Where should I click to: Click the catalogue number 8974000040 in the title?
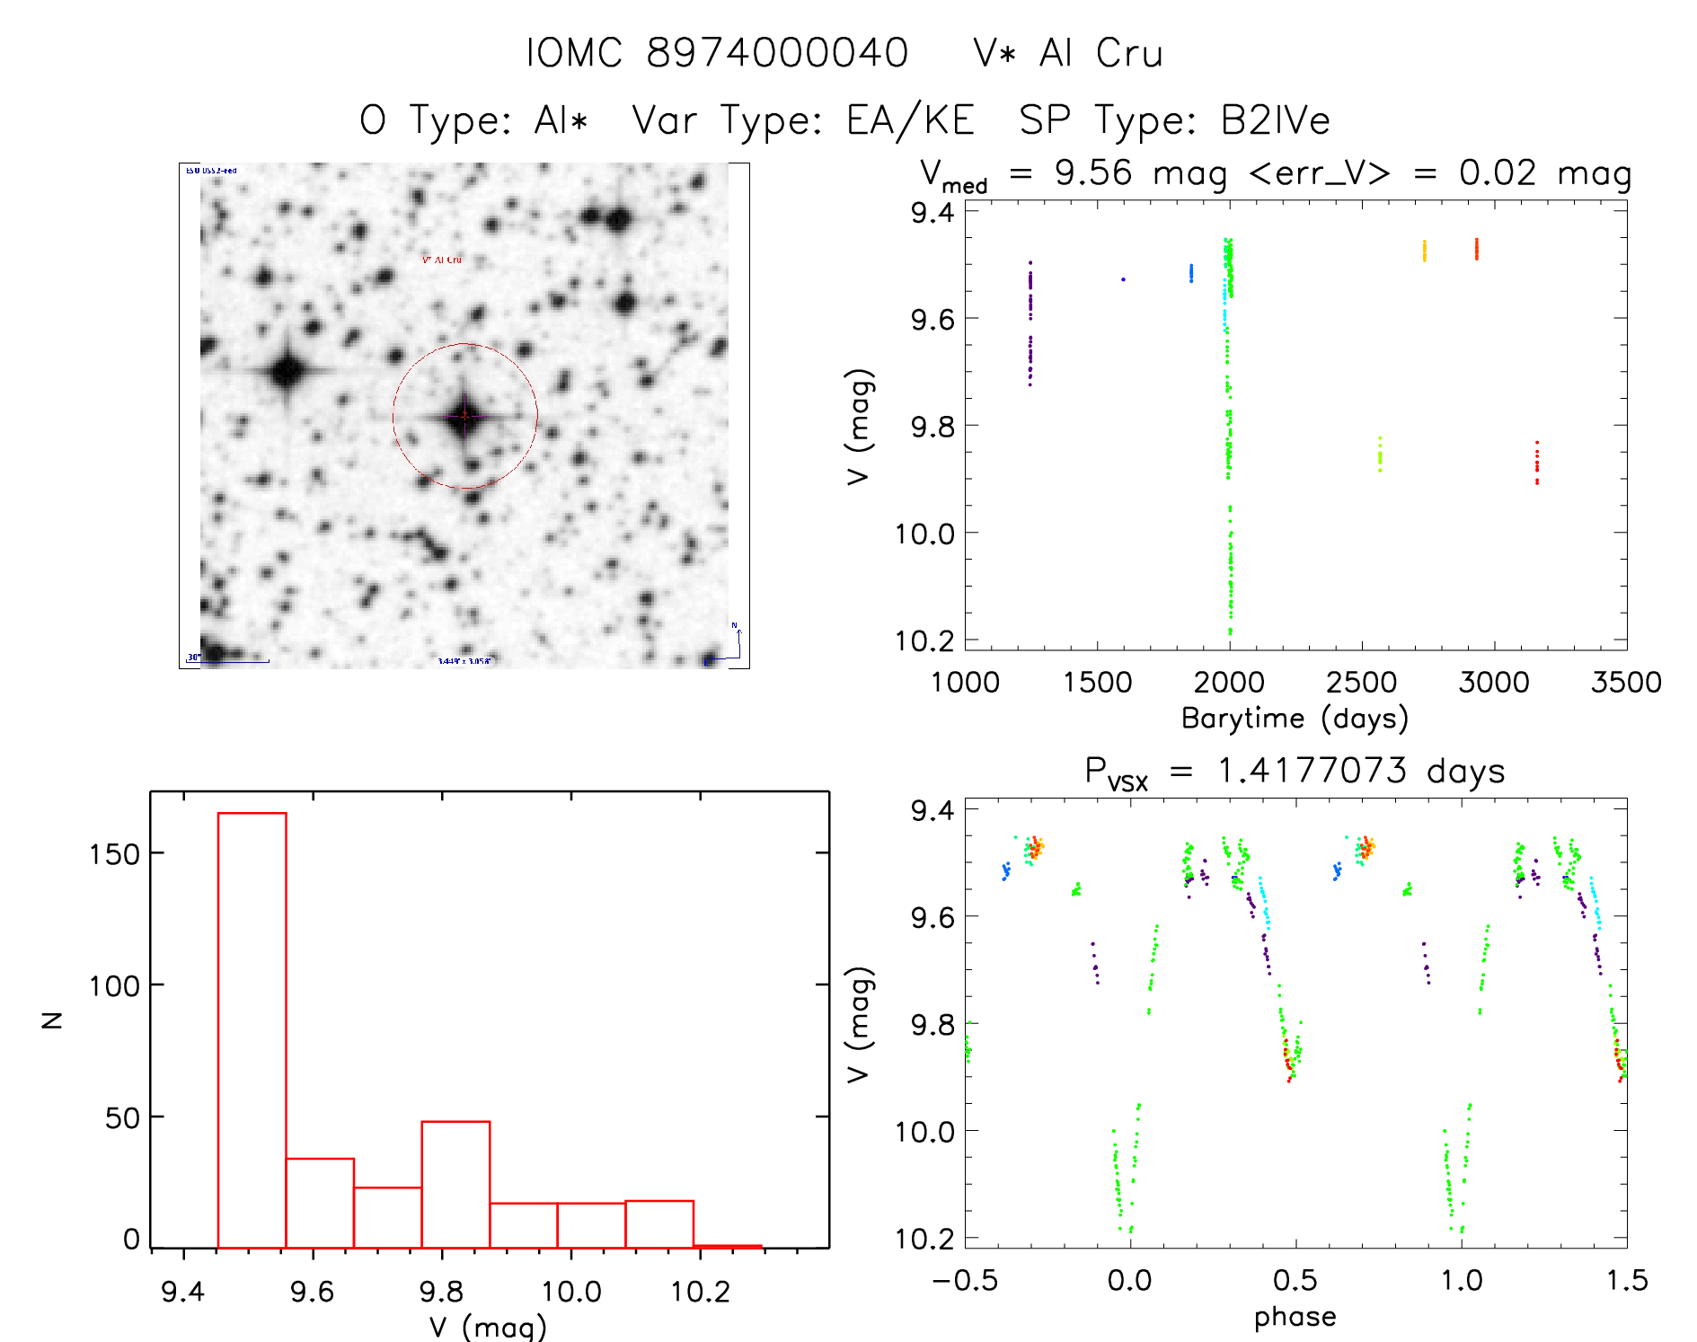[777, 53]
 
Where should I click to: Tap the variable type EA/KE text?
[910, 120]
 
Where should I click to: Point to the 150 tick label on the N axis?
[114, 854]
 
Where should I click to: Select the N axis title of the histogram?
[53, 1020]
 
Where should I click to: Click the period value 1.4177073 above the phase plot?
[1312, 771]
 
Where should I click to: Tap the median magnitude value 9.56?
[1093, 172]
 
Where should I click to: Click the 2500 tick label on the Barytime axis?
[1361, 682]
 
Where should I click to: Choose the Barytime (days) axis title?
[1295, 718]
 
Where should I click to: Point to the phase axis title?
[1295, 1317]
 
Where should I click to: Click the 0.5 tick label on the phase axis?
[1295, 1280]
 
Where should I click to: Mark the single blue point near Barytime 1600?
[1123, 279]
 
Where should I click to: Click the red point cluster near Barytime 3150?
[1537, 464]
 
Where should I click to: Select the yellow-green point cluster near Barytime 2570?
[1380, 455]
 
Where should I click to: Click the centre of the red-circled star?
[464, 416]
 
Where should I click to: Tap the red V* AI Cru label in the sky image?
[442, 260]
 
